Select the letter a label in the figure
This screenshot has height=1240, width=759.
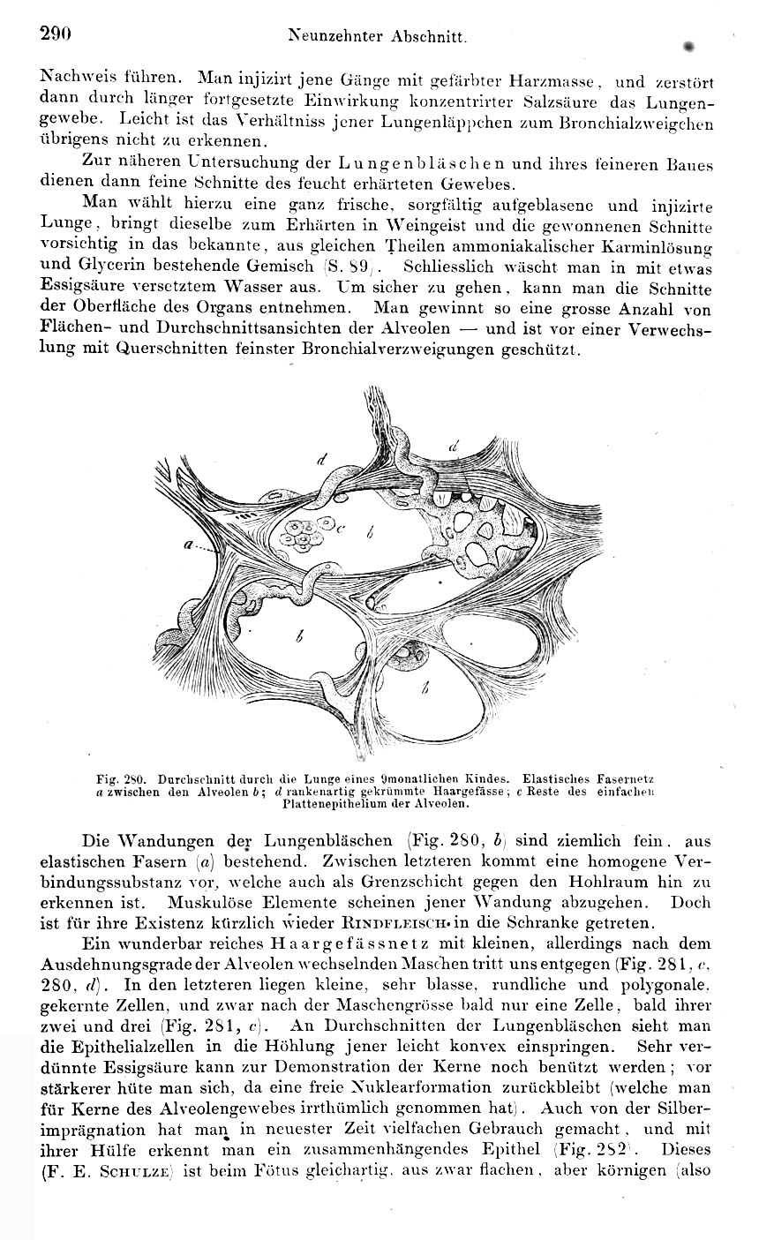coord(188,546)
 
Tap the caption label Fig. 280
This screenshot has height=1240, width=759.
coord(124,779)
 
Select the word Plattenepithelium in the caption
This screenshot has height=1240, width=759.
coord(330,804)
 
